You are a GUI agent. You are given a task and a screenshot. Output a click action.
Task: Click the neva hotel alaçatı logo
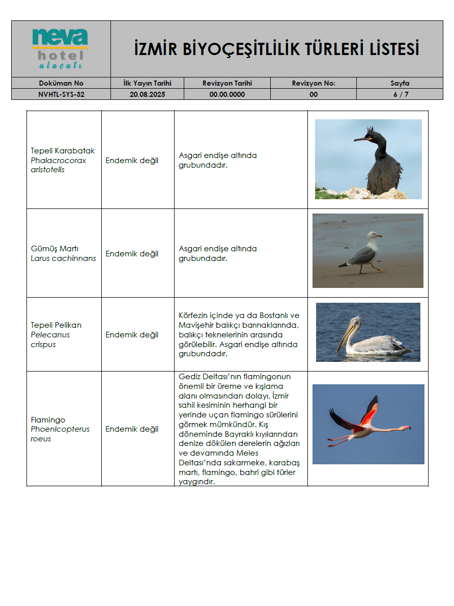[x=61, y=49]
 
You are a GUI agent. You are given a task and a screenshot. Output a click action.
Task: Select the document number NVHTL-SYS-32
[x=61, y=94]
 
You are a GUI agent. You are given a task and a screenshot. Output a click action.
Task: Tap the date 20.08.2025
[x=148, y=94]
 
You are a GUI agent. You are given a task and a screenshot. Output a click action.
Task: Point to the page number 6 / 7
[x=400, y=94]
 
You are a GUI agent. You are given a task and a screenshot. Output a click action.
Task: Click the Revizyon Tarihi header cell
[x=227, y=83]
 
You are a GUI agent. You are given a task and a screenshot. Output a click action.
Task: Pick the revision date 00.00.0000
[x=227, y=94]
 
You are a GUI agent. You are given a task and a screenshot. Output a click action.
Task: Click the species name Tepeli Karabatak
[x=63, y=151]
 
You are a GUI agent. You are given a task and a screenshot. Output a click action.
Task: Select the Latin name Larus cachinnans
[x=63, y=258]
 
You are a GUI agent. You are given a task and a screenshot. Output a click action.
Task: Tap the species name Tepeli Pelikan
[x=56, y=325]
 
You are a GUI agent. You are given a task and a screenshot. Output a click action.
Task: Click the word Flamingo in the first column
[x=48, y=420]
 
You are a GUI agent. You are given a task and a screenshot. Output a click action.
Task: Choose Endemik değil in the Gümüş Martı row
[x=132, y=254]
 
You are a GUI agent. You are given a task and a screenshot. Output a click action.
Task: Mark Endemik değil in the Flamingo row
[x=132, y=429]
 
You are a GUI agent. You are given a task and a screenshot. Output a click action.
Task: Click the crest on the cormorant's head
[x=370, y=131]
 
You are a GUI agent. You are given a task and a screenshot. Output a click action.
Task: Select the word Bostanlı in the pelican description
[x=274, y=315]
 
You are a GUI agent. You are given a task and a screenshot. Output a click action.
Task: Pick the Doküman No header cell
[x=61, y=83]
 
